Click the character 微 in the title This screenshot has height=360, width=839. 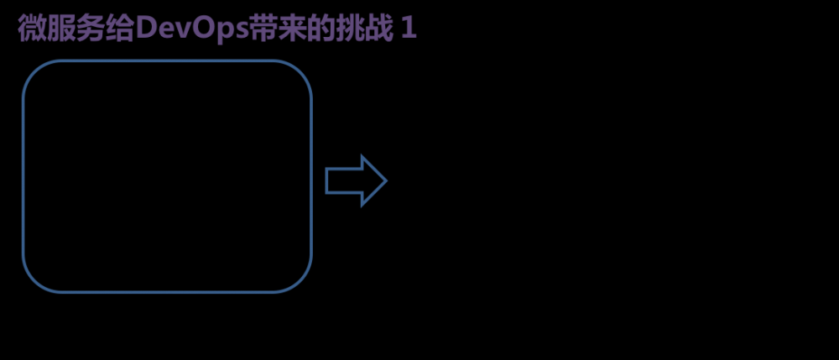click(31, 29)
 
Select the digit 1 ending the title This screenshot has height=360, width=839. click(409, 29)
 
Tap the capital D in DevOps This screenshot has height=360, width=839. click(145, 29)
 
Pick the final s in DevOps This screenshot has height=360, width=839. click(242, 31)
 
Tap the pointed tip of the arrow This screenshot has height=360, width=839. click(384, 180)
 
